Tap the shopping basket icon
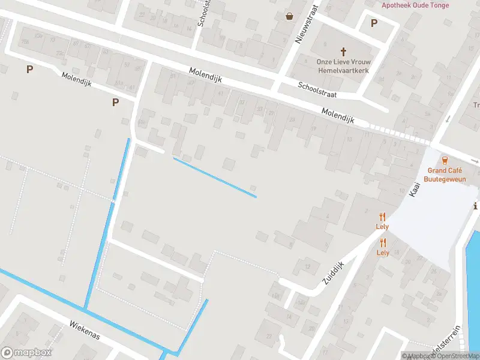pos(290,16)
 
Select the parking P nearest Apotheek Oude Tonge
pos(374,23)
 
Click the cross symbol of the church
pos(344,52)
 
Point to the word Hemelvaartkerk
pos(343,70)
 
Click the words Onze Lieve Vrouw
pos(343,62)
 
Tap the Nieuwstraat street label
pos(305,30)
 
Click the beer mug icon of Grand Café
pos(445,160)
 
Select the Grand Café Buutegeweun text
pos(445,174)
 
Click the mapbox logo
pos(26,353)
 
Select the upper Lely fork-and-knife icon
pos(382,217)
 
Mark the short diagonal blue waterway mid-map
pos(215,178)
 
